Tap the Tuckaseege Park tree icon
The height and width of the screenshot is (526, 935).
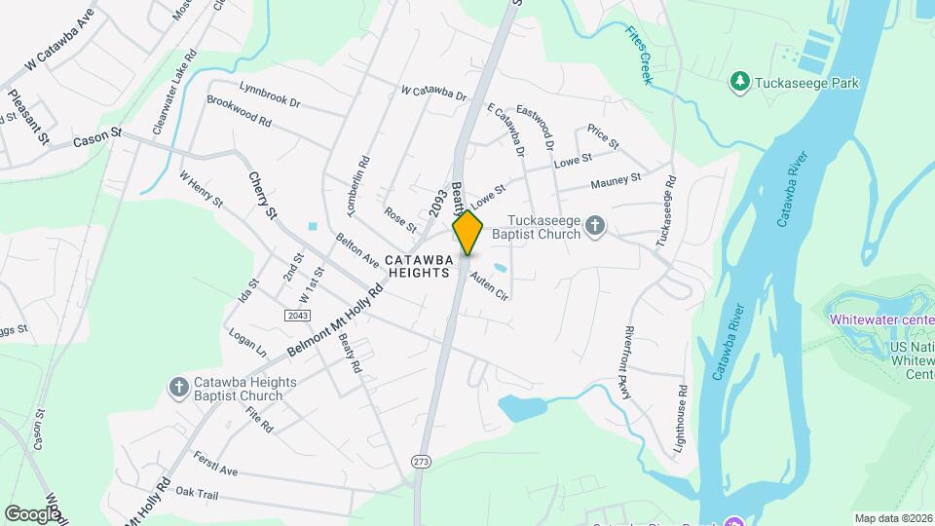point(740,82)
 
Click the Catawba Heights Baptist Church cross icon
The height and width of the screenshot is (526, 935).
point(178,388)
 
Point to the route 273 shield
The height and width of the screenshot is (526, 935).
point(420,461)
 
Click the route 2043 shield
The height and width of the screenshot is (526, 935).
point(297,316)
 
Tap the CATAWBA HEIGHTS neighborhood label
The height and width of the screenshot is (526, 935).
point(418,266)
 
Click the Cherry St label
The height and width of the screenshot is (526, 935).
point(262,195)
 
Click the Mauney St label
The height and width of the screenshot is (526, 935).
point(616,181)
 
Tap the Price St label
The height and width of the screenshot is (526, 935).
point(596,132)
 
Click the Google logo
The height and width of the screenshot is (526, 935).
point(33,513)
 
